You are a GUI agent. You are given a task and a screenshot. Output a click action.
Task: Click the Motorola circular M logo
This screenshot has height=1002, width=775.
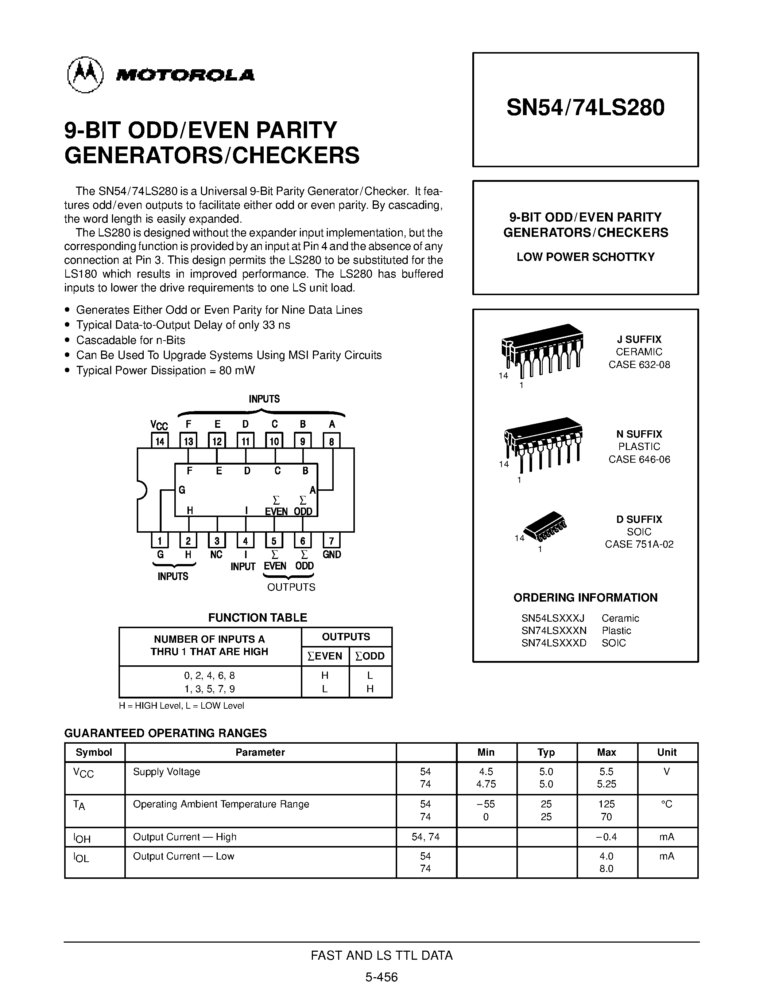point(85,75)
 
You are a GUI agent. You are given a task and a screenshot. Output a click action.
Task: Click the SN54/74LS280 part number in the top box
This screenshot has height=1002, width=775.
point(585,108)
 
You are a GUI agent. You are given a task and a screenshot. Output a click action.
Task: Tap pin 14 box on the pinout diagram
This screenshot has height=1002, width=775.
point(160,441)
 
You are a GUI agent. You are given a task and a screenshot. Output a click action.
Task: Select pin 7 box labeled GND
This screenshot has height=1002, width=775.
point(332,540)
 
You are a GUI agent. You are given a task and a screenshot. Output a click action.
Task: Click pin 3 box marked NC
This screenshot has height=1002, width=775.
point(217,540)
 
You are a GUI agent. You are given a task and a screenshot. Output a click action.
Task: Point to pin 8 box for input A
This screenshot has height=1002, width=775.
point(332,441)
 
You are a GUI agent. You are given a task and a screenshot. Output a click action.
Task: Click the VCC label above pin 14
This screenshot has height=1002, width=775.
point(159,425)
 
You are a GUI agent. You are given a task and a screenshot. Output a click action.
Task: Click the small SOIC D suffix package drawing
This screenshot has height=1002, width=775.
point(546,525)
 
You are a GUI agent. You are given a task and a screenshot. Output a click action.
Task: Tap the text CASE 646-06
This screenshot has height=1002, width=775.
point(639,459)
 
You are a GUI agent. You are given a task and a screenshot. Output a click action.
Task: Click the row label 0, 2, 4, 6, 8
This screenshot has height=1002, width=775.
point(209,675)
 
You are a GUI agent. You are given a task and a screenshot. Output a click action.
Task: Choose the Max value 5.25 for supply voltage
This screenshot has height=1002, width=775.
point(606,784)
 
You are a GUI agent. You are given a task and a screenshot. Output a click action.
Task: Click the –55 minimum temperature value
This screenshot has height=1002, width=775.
point(486,804)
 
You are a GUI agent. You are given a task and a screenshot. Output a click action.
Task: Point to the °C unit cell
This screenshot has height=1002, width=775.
point(667,804)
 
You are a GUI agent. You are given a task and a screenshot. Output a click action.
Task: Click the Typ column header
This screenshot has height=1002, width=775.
point(546,752)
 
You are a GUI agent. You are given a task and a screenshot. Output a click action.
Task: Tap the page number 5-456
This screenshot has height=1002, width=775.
point(381,977)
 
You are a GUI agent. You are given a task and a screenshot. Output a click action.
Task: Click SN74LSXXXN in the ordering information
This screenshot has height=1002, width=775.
point(554,631)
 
